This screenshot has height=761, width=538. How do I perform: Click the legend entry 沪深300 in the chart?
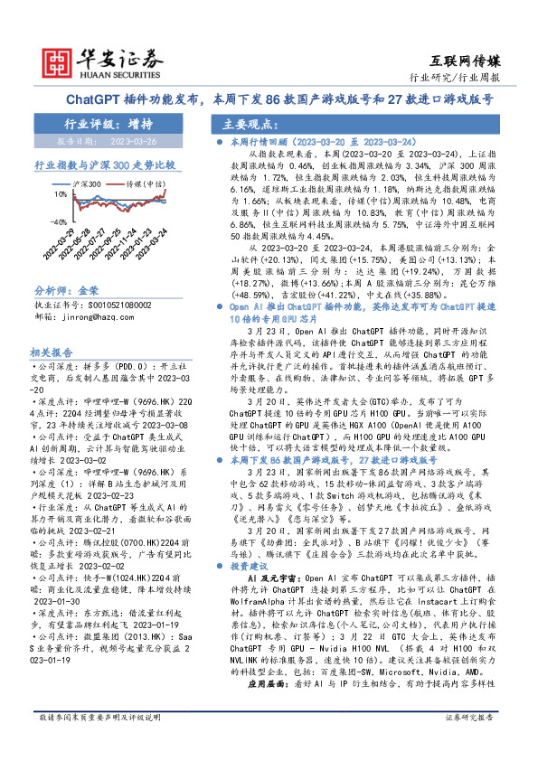[x=87, y=183]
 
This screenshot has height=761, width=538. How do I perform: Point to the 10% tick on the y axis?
[x=57, y=193]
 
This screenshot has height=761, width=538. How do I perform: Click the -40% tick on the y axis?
[x=56, y=221]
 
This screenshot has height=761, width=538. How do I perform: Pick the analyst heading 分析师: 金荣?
[x=66, y=291]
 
